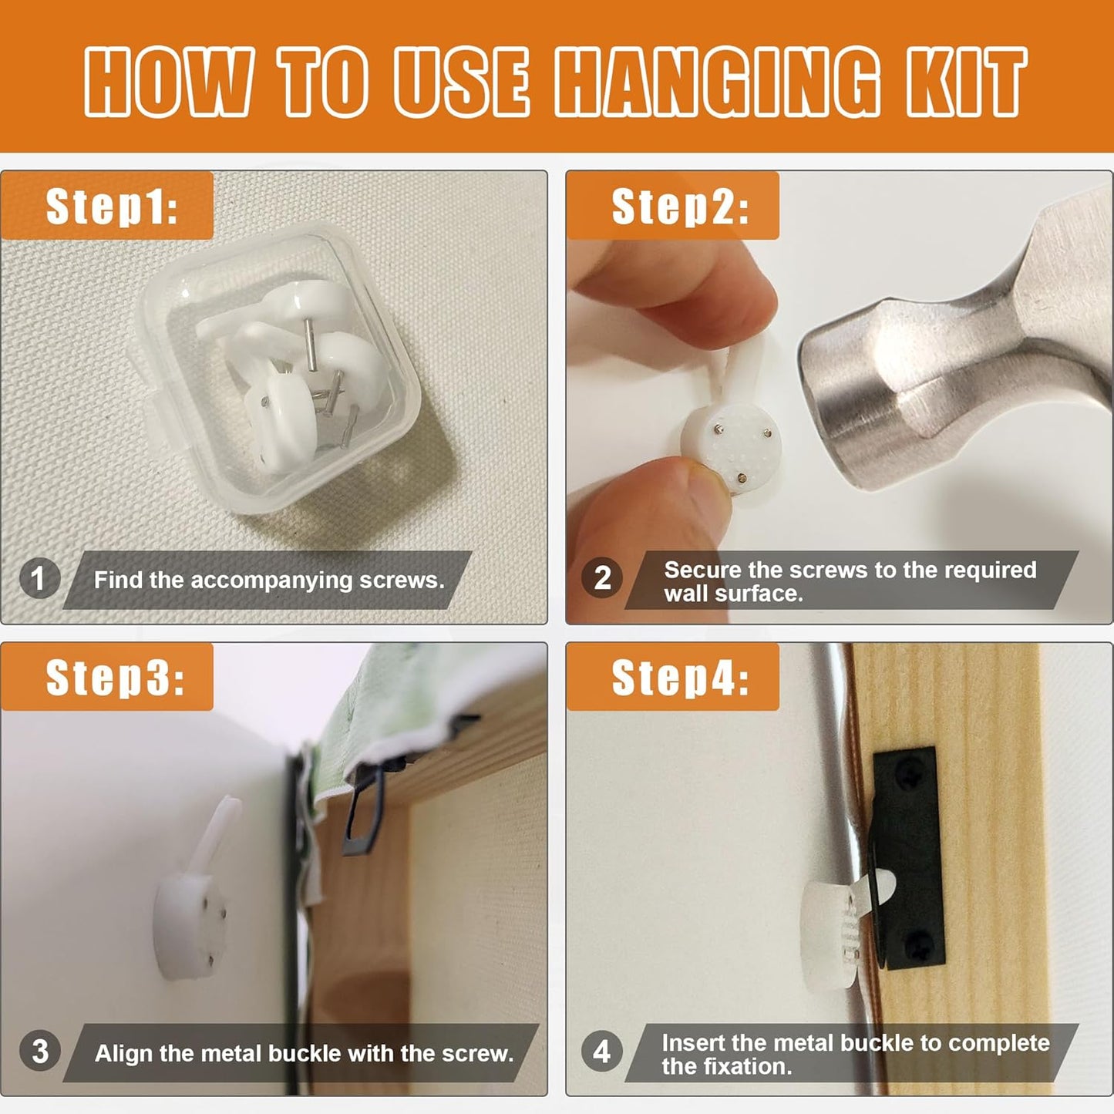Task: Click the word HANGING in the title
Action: click(x=718, y=82)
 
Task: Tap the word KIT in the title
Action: click(x=966, y=82)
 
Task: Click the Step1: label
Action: click(x=112, y=207)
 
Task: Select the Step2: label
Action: click(x=681, y=207)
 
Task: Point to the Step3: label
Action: click(x=115, y=678)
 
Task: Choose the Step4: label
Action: click(x=681, y=678)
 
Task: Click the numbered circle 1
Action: click(x=39, y=578)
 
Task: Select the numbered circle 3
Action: click(x=39, y=1051)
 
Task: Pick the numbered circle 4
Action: click(x=602, y=1051)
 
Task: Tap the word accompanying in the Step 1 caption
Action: click(x=271, y=581)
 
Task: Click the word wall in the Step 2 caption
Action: click(x=686, y=594)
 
